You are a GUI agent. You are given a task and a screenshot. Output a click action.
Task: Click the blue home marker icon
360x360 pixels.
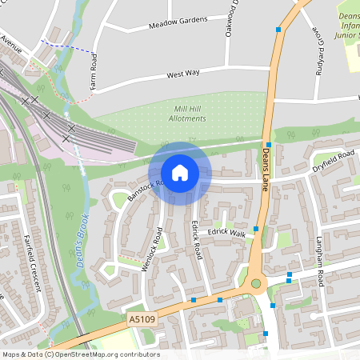(180, 173)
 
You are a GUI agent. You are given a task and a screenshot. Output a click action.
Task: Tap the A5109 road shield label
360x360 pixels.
(139, 319)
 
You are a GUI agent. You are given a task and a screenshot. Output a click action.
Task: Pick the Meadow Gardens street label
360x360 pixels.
(178, 23)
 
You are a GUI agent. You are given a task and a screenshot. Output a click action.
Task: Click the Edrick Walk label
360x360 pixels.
(227, 233)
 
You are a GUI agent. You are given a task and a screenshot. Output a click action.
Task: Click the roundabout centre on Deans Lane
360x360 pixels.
(256, 282)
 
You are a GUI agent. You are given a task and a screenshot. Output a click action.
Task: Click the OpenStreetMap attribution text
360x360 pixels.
(80, 354)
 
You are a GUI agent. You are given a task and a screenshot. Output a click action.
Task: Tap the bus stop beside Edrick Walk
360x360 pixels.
(256, 230)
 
